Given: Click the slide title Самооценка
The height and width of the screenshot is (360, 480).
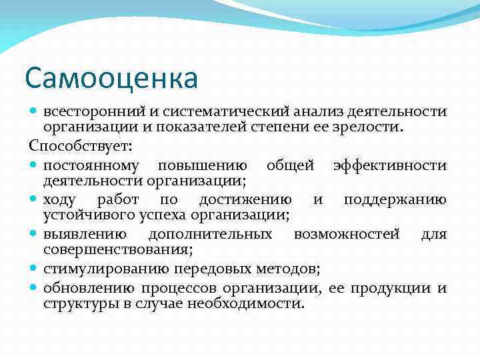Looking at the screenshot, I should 111,78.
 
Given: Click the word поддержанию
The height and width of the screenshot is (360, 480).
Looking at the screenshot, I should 395,200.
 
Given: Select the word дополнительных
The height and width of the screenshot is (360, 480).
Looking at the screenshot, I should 210,234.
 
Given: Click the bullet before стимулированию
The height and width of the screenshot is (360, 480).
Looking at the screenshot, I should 34,269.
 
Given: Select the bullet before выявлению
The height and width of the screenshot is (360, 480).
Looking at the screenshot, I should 34,235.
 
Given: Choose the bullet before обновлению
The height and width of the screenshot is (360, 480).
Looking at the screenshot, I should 34,289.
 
